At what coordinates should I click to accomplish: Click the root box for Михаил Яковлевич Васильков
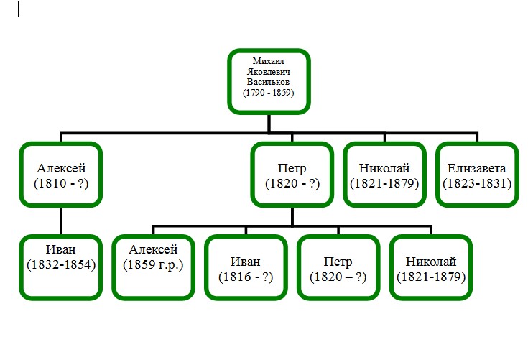point(269,80)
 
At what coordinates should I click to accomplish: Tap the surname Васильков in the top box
point(269,82)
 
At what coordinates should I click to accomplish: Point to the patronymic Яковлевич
point(269,72)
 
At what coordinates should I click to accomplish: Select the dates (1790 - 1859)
point(269,93)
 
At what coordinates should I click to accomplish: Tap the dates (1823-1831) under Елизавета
point(477,183)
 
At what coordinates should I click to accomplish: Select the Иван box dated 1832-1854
point(60,266)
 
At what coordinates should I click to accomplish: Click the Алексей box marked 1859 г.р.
point(153,266)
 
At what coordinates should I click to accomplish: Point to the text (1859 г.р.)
point(153,264)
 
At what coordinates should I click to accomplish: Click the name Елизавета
point(477,169)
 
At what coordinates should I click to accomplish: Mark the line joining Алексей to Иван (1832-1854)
point(60,221)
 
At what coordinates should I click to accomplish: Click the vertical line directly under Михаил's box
point(269,123)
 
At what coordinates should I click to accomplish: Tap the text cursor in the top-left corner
point(19,9)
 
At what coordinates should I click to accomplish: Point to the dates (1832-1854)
point(60,264)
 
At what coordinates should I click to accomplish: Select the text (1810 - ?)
point(60,183)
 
